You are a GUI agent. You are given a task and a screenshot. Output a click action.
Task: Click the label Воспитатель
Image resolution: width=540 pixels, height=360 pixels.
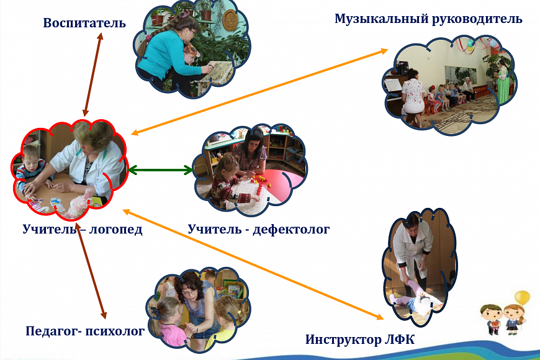point(84,23)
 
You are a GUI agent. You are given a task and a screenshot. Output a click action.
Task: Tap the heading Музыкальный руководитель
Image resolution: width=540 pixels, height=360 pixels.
point(428,19)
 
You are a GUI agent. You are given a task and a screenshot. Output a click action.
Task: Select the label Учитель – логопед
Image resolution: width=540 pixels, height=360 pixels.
point(83,229)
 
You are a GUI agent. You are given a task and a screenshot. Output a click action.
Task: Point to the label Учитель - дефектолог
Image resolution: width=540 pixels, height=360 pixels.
point(259,229)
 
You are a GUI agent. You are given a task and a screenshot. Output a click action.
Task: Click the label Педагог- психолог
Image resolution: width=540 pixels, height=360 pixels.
point(85,331)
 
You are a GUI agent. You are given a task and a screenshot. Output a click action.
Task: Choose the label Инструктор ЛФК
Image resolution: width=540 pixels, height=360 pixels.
point(360,340)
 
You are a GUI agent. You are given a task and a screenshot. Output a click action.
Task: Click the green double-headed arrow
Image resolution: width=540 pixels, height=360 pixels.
point(160,170)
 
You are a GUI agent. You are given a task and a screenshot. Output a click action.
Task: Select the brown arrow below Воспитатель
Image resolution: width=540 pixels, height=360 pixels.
point(93,74)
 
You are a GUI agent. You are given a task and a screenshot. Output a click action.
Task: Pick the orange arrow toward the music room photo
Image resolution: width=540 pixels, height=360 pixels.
point(259,92)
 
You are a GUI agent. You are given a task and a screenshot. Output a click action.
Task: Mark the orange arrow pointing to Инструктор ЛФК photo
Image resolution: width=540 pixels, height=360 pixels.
point(253,264)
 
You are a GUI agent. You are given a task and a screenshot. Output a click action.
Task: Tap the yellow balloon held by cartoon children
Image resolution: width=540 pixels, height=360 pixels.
point(522,299)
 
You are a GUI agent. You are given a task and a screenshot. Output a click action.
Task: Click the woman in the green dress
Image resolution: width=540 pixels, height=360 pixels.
point(502,82)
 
